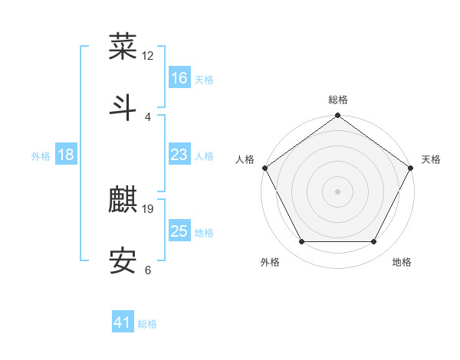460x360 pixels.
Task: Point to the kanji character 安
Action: [123, 261]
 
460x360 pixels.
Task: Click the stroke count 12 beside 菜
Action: [148, 55]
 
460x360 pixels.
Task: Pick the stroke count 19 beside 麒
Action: [148, 208]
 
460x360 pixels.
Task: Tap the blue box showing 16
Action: [179, 77]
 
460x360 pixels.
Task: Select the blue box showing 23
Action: [179, 155]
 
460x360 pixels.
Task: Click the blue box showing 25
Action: [179, 231]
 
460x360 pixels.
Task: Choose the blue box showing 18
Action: [66, 155]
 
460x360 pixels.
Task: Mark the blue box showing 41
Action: [123, 322]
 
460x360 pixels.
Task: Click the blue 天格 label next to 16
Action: [204, 79]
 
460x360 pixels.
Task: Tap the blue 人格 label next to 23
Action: [204, 156]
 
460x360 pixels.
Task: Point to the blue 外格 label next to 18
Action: [41, 156]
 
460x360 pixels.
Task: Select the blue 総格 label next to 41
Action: [147, 324]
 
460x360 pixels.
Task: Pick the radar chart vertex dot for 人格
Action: [264, 167]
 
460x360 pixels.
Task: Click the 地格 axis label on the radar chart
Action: [402, 263]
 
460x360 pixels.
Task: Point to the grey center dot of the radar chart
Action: [337, 191]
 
